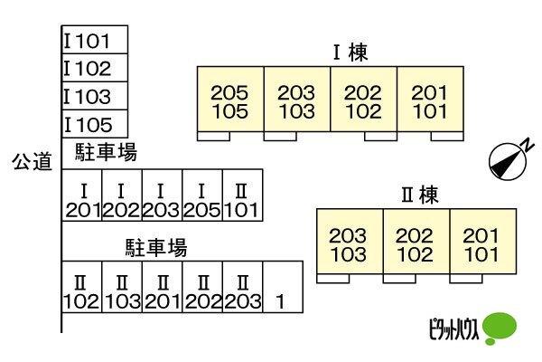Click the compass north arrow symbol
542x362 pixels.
point(508,160)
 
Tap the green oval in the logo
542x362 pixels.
point(500,327)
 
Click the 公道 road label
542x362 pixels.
point(33,161)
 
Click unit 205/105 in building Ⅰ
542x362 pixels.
point(230,101)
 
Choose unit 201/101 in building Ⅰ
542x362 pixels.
point(430,101)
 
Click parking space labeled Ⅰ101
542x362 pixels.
point(95,41)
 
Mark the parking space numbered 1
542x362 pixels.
point(280,287)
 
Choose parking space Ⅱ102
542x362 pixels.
point(82,287)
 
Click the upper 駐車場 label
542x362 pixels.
point(99,152)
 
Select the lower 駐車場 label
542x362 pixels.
point(155,246)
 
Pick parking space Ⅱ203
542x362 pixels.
point(241,287)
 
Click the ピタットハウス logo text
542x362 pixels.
point(449,327)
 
